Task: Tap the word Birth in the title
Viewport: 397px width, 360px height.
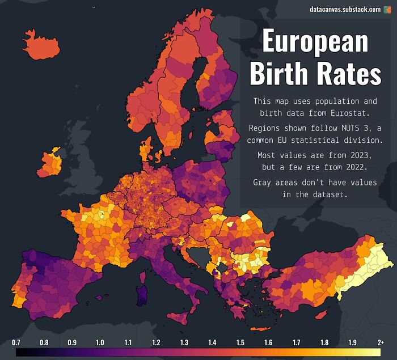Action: pyautogui.click(x=281, y=74)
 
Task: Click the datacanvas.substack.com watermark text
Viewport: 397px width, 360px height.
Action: pyautogui.click(x=345, y=10)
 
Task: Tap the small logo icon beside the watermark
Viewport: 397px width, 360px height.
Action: pyautogui.click(x=388, y=10)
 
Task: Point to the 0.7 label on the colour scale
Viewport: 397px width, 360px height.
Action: pyautogui.click(x=16, y=342)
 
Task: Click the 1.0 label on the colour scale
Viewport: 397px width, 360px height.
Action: pyautogui.click(x=100, y=342)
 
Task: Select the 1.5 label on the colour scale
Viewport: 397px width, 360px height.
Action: pyautogui.click(x=240, y=342)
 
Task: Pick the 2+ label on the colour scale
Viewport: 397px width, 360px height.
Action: pyautogui.click(x=379, y=342)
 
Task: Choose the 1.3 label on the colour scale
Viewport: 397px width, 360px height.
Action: pyautogui.click(x=184, y=342)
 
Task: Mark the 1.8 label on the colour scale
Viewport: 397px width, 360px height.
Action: pyautogui.click(x=324, y=342)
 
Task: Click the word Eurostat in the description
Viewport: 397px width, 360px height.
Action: pyautogui.click(x=335, y=114)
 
